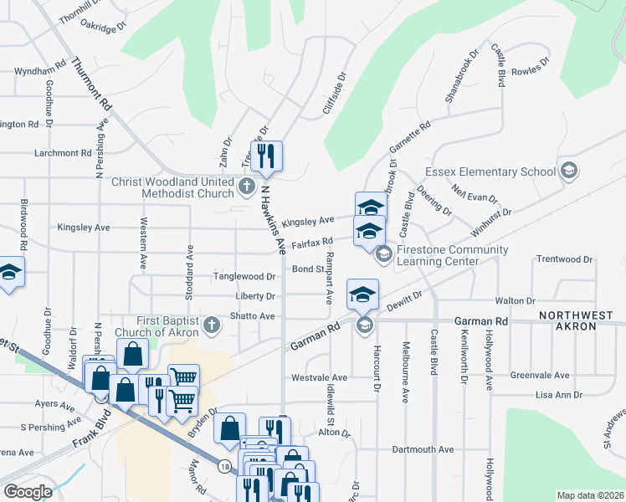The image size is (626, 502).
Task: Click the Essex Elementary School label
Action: (x=490, y=172)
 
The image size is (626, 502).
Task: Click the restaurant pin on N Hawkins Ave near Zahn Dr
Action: (x=266, y=156)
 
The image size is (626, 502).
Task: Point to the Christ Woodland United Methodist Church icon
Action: (x=247, y=186)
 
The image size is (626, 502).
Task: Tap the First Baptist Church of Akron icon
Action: (x=211, y=326)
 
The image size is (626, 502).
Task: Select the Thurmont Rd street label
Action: (x=92, y=85)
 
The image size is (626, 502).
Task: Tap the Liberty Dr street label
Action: (x=259, y=296)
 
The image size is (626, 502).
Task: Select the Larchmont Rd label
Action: (x=63, y=153)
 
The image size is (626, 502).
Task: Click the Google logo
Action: (x=28, y=492)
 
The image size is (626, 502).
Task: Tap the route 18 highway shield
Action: (x=224, y=465)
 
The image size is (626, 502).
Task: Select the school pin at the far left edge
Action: (x=10, y=273)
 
